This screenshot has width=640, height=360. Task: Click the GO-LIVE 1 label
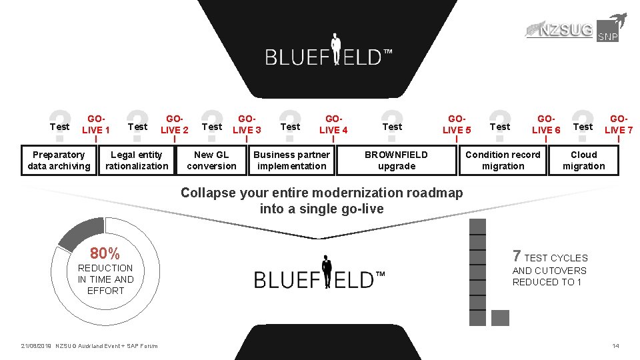[95, 124]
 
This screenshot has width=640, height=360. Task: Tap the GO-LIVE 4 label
[333, 124]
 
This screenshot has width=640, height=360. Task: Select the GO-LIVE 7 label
[618, 124]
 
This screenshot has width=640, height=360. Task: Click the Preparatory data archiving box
[59, 161]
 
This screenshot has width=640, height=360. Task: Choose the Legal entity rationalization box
[137, 161]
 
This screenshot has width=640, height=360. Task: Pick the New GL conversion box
[211, 161]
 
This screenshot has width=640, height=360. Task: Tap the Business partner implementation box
[291, 161]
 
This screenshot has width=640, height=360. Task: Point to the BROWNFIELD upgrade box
[396, 161]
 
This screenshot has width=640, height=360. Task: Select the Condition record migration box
[503, 161]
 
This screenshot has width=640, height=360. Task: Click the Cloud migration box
[583, 161]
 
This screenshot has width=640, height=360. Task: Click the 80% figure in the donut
[105, 253]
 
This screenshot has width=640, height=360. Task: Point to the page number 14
[615, 346]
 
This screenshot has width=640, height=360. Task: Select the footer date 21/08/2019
[36, 346]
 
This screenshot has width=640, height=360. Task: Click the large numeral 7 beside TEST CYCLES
[517, 256]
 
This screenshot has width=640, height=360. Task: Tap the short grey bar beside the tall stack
[500, 317]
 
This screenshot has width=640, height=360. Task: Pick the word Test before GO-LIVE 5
[392, 127]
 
